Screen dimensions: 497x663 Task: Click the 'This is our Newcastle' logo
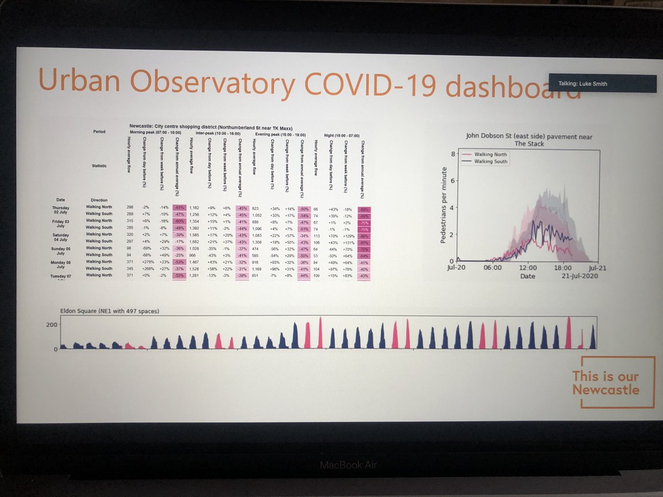pyautogui.click(x=606, y=383)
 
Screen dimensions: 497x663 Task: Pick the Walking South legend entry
pyautogui.click(x=487, y=161)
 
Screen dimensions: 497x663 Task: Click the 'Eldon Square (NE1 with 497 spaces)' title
pyautogui.click(x=110, y=311)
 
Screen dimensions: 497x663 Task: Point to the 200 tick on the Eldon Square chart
pyautogui.click(x=52, y=326)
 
